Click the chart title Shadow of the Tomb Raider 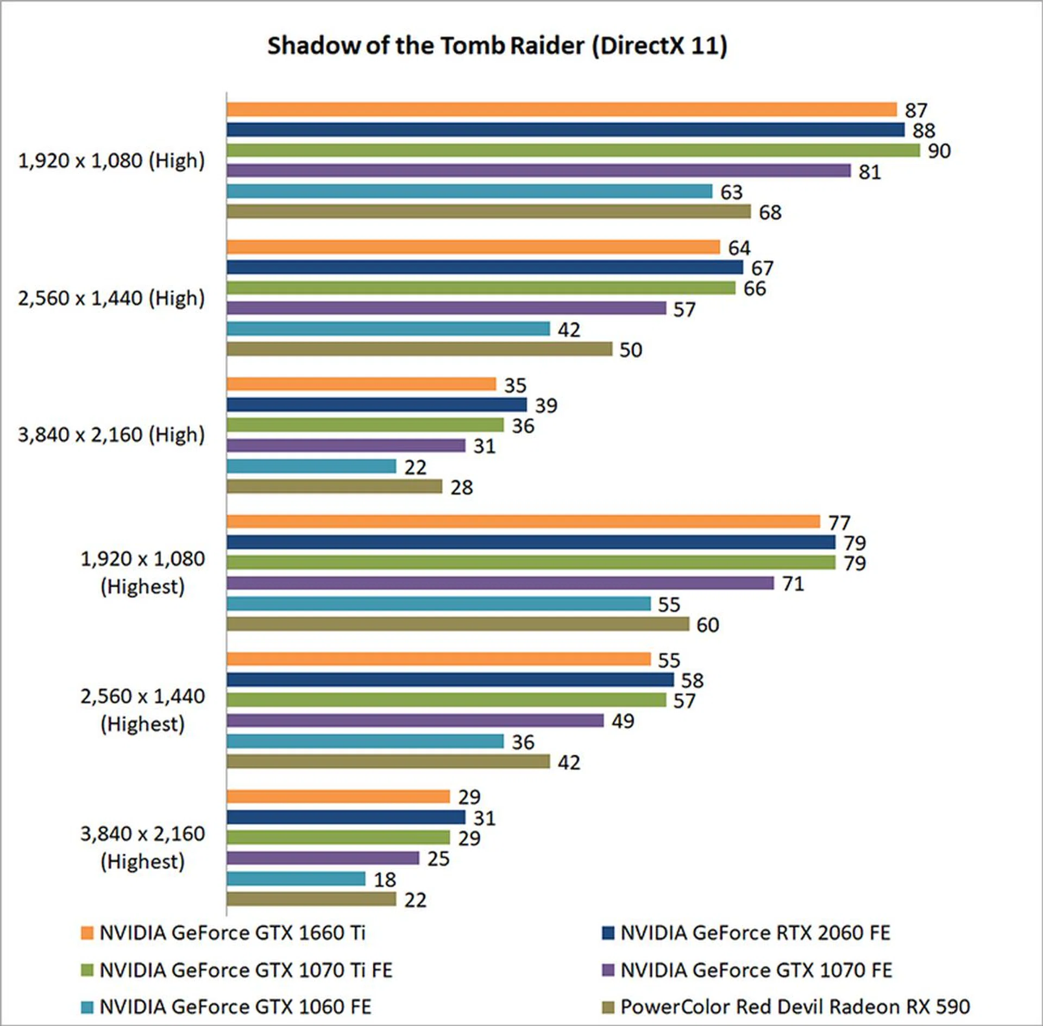coord(497,46)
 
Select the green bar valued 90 coord(573,151)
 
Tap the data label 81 coord(869,172)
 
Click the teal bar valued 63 coord(469,191)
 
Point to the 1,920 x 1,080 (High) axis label coord(111,161)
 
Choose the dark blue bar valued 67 coord(485,267)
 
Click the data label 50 coord(631,350)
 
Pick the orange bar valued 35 coord(361,384)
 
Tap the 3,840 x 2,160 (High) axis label coord(111,435)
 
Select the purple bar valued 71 coord(500,583)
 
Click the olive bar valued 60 coord(458,624)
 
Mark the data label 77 coord(839,523)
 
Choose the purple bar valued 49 coord(415,721)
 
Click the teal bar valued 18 coord(296,879)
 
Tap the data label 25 coord(438,859)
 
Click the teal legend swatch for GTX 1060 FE coord(87,1007)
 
